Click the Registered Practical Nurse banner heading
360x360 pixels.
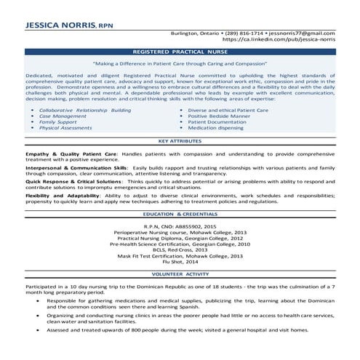[x=180, y=53]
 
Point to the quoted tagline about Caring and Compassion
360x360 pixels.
[x=180, y=64]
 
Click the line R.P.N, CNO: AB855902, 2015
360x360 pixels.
[x=180, y=227]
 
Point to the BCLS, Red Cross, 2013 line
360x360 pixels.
[x=180, y=250]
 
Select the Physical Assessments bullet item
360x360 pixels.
[x=65, y=127]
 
